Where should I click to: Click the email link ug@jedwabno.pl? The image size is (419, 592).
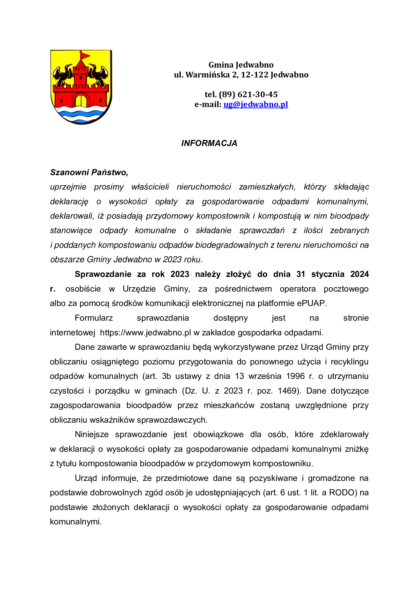click(255, 104)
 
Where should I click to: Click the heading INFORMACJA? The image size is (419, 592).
click(209, 143)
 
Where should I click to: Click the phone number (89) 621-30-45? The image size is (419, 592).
click(248, 94)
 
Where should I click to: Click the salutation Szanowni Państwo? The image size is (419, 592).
click(89, 172)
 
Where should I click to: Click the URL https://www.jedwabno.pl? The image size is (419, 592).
click(145, 333)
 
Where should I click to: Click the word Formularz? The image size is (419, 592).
click(94, 318)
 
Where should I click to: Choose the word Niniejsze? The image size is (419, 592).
click(92, 435)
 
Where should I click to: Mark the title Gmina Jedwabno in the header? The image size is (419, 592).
click(241, 65)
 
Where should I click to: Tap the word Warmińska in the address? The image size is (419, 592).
click(207, 75)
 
